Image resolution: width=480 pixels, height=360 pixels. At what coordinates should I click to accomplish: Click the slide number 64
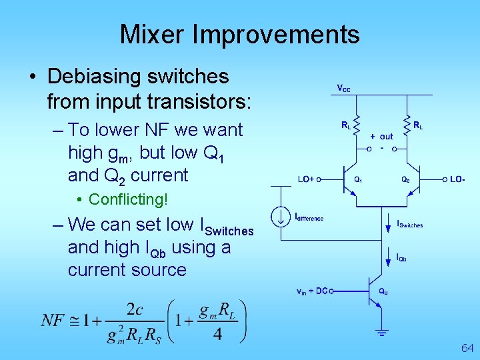pyautogui.click(x=467, y=348)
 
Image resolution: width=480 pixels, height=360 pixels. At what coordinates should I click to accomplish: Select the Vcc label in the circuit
pyautogui.click(x=343, y=88)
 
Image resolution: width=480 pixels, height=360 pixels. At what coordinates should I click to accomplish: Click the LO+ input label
pyautogui.click(x=305, y=179)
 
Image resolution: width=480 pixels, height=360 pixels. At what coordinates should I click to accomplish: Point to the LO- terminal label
pyautogui.click(x=457, y=179)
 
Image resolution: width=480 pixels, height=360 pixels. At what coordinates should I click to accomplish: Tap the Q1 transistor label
pyautogui.click(x=358, y=179)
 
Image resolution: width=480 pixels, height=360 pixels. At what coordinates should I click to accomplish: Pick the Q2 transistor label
pyautogui.click(x=405, y=179)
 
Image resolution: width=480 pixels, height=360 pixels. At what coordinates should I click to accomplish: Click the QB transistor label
pyautogui.click(x=383, y=291)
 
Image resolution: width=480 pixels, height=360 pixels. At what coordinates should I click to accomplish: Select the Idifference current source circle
pyautogui.click(x=279, y=217)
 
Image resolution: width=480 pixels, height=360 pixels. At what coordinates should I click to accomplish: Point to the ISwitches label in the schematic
pyautogui.click(x=409, y=225)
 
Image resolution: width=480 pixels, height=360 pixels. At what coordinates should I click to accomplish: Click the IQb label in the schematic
pyautogui.click(x=401, y=257)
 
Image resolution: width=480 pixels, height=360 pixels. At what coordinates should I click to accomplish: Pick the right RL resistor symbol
pyautogui.click(x=406, y=124)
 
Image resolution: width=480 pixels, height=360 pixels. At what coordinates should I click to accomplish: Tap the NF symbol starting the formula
pyautogui.click(x=53, y=321)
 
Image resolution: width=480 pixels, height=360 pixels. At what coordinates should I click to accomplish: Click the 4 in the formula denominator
pyautogui.click(x=217, y=333)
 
